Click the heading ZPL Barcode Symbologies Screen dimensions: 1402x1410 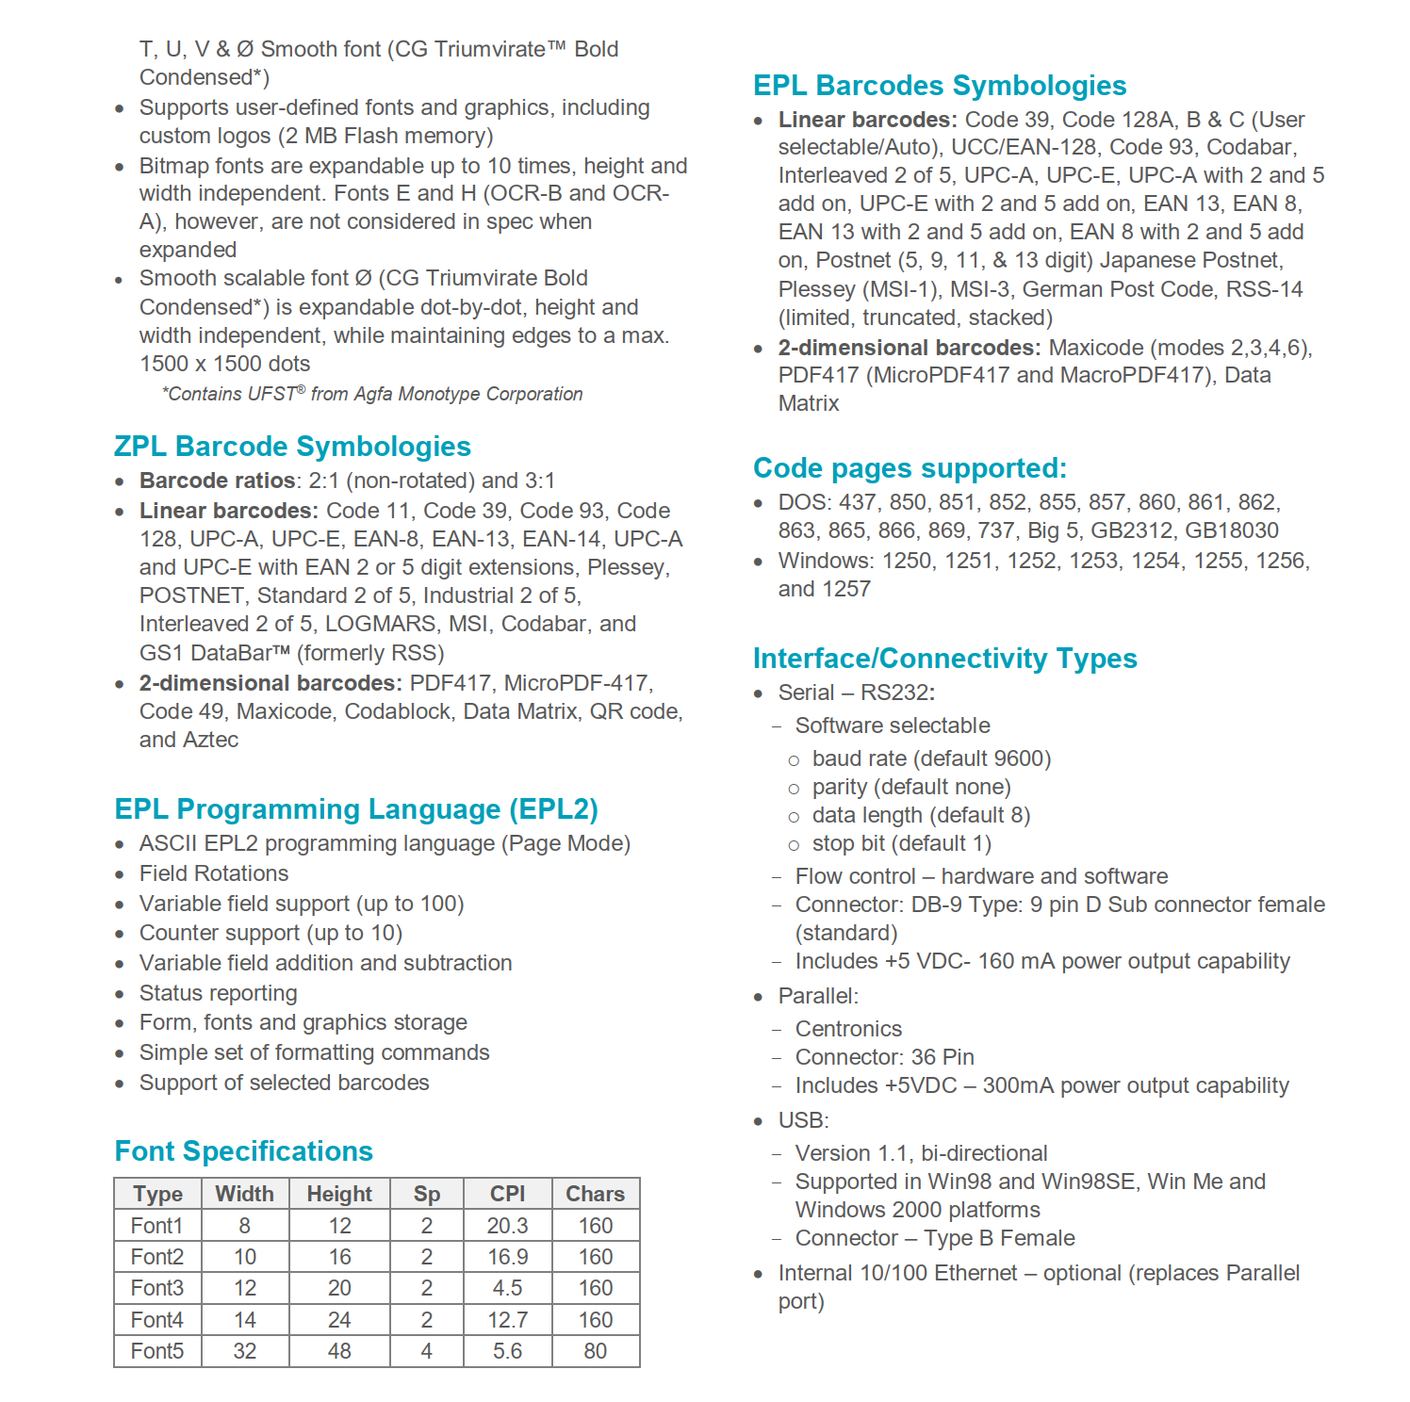point(292,447)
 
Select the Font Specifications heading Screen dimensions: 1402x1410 point(243,1151)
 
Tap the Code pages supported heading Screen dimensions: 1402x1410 point(910,468)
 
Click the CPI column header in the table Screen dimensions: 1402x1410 point(507,1194)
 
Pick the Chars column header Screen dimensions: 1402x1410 point(595,1194)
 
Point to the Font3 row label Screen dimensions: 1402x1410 point(157,1288)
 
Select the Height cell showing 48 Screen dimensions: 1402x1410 point(339,1351)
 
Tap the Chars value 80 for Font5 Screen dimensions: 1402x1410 point(595,1351)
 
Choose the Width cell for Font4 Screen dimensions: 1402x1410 point(245,1320)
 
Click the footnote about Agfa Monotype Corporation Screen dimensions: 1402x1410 point(372,394)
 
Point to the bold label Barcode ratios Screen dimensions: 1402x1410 point(218,481)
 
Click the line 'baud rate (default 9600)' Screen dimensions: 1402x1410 point(931,758)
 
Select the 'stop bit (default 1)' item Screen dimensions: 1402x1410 point(901,843)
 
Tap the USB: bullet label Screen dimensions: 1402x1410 point(803,1120)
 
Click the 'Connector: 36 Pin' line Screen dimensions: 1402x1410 point(884,1057)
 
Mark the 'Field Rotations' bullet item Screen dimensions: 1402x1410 point(214,873)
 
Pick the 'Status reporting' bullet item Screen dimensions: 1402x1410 point(218,993)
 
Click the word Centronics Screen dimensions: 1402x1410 point(848,1029)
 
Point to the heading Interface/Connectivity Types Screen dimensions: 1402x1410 point(944,659)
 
